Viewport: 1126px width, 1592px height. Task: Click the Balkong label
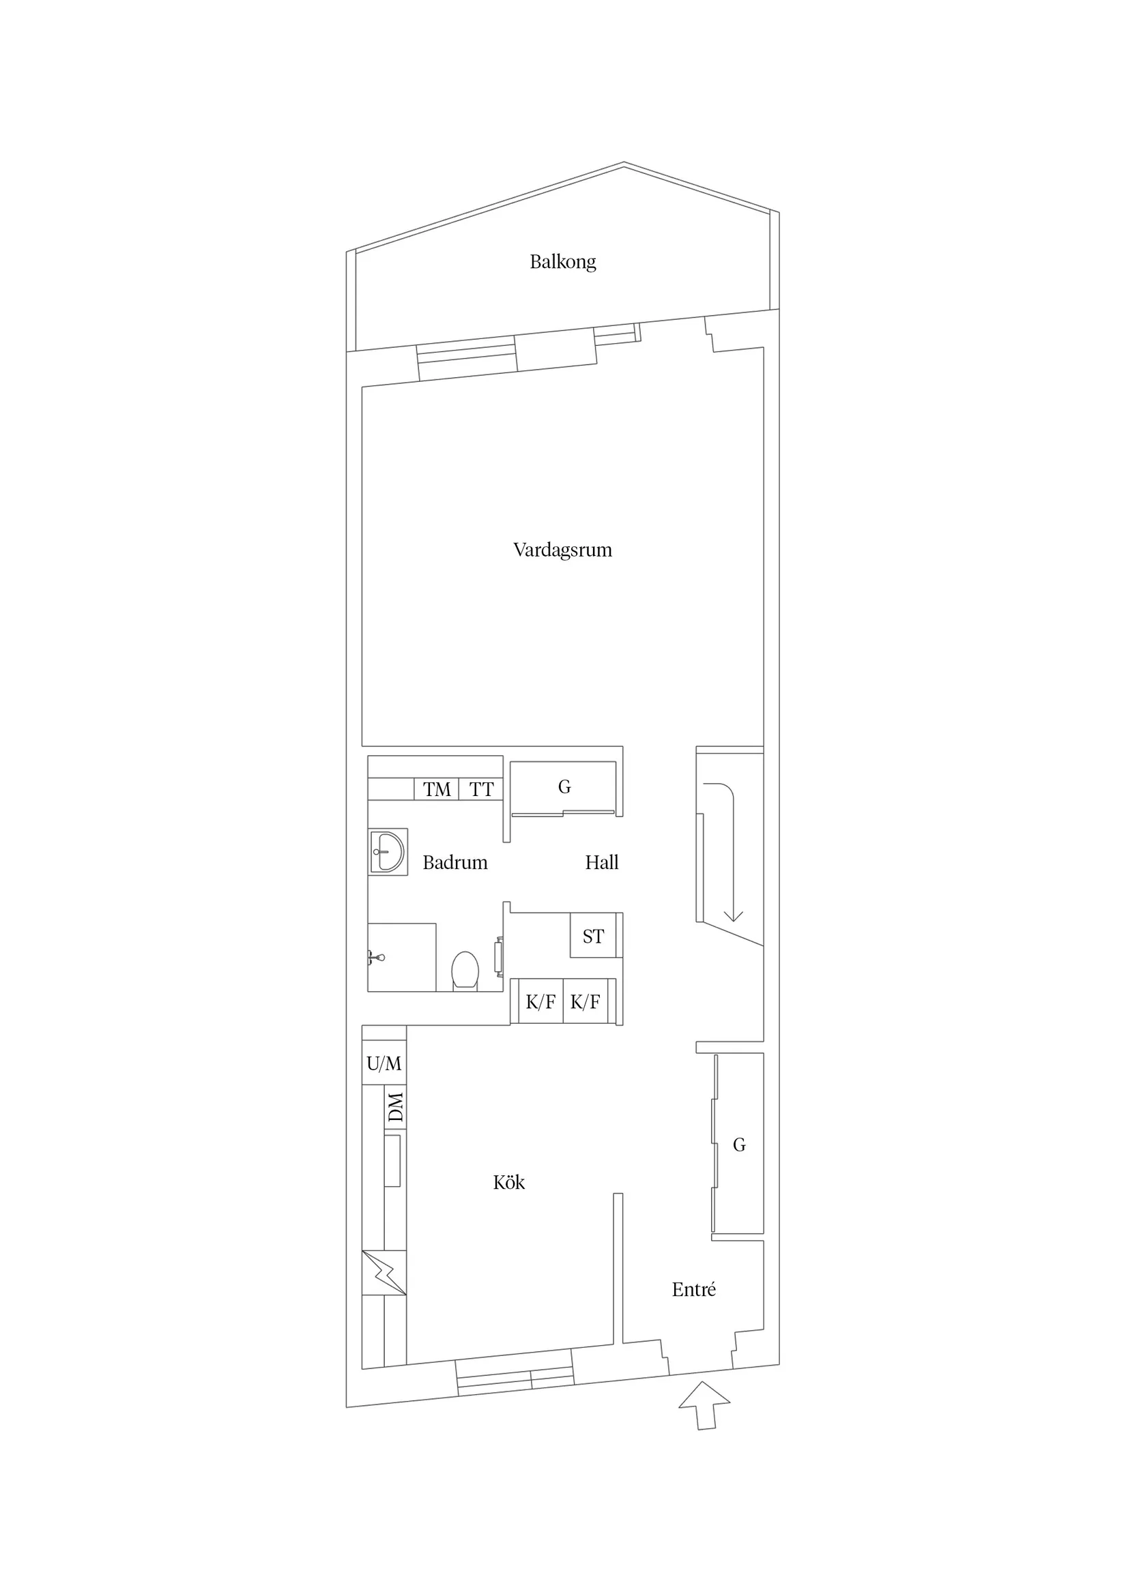click(562, 262)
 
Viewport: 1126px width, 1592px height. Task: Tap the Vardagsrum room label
click(562, 550)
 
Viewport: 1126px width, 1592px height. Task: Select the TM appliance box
click(436, 789)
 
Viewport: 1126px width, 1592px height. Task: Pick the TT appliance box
click(481, 789)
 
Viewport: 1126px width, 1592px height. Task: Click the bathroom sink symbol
click(387, 851)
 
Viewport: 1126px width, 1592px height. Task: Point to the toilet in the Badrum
click(465, 970)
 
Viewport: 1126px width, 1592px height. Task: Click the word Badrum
click(455, 863)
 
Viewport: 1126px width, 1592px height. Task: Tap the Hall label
click(601, 863)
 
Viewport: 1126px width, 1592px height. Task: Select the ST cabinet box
click(593, 936)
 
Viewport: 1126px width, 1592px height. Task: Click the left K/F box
click(540, 1001)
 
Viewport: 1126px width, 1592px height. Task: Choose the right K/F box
click(586, 1001)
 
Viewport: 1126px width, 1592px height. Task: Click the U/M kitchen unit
click(384, 1063)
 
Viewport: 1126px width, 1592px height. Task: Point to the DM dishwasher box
click(395, 1106)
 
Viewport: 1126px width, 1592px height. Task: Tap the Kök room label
click(508, 1182)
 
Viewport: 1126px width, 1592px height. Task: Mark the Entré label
click(694, 1290)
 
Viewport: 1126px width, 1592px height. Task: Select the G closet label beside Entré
click(740, 1145)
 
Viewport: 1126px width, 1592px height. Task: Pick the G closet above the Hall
click(564, 787)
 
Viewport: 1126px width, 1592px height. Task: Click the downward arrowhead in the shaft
click(734, 916)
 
